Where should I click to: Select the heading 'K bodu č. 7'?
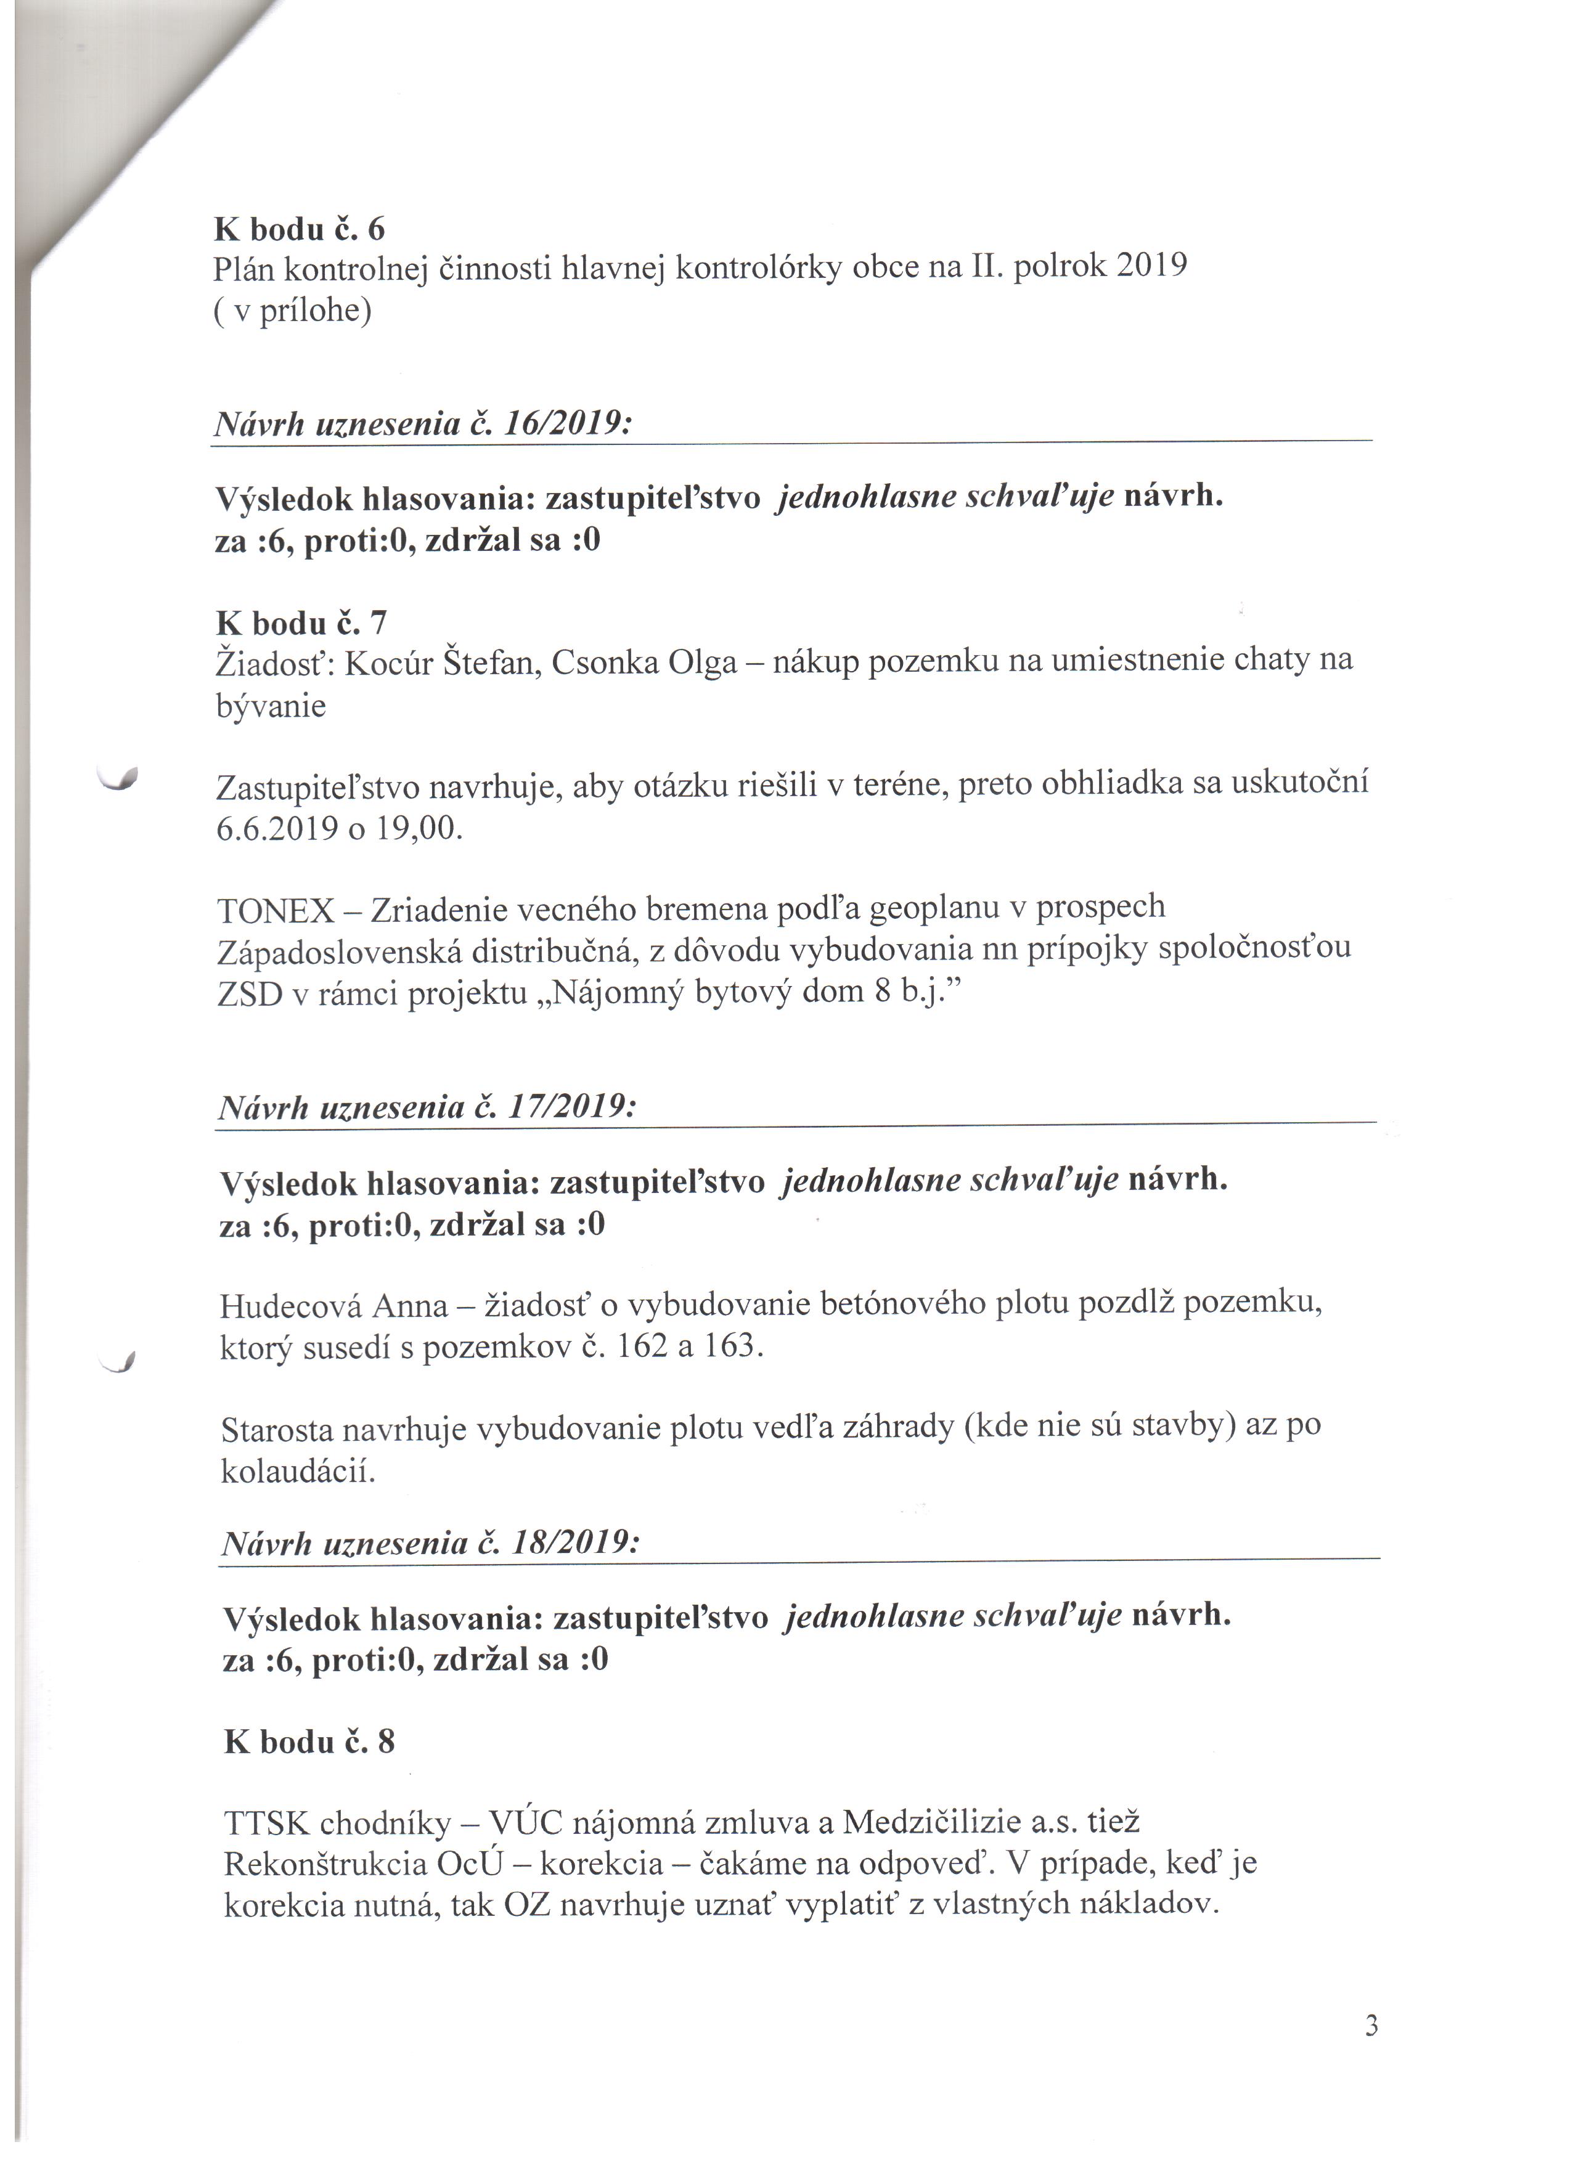click(x=301, y=623)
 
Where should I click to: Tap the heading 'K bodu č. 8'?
click(x=309, y=1741)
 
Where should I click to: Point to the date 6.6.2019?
click(x=277, y=828)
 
